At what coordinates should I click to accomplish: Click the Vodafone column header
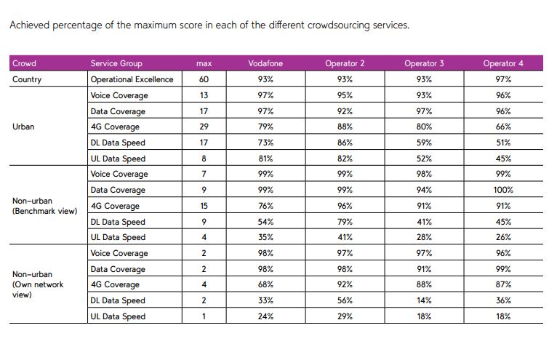(265, 63)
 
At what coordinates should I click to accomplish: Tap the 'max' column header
(204, 63)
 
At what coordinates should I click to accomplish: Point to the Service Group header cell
(116, 63)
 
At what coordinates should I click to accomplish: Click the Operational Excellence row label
(132, 79)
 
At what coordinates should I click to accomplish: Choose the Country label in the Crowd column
(27, 79)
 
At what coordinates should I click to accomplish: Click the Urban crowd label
(24, 127)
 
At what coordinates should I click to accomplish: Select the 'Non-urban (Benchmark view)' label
(44, 206)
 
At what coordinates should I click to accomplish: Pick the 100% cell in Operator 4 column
(502, 190)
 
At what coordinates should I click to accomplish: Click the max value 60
(204, 79)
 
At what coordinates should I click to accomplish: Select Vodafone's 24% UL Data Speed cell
(265, 316)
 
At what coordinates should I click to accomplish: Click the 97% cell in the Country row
(502, 79)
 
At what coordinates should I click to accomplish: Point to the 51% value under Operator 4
(502, 143)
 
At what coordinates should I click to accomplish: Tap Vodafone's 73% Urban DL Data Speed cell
(265, 143)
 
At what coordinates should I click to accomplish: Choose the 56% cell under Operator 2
(345, 300)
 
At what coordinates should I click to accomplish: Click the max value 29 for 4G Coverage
(204, 127)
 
